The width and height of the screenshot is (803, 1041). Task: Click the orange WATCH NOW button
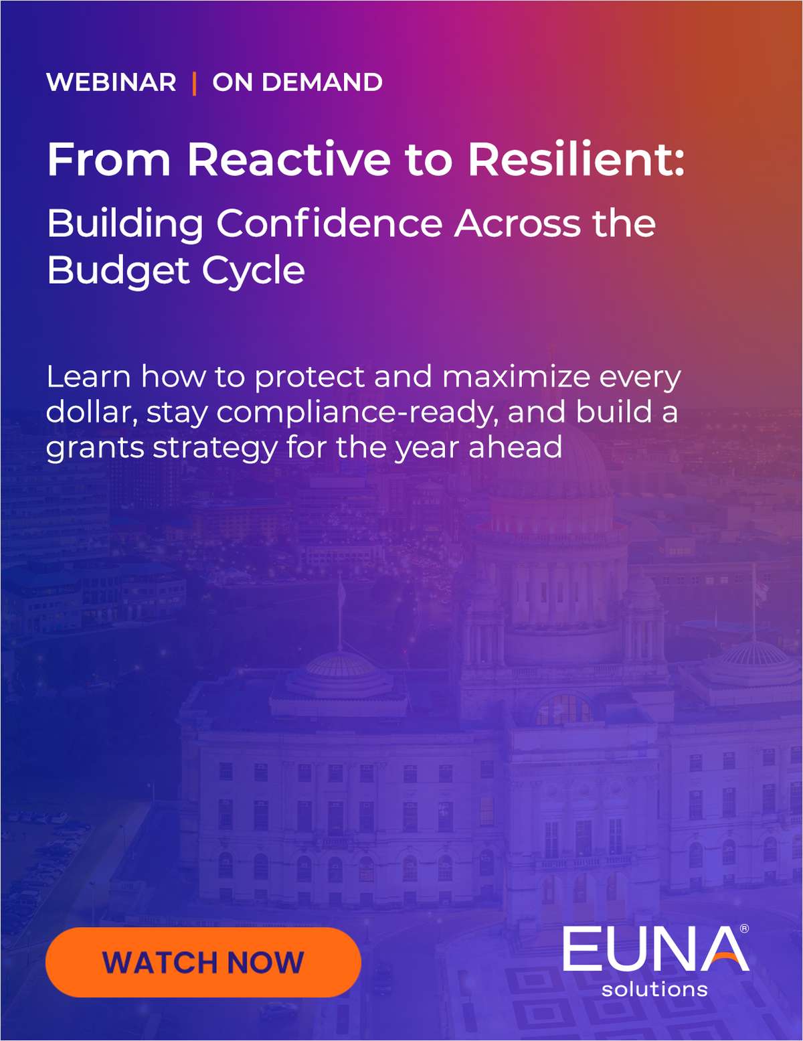(x=203, y=963)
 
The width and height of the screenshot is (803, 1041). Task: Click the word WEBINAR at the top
(x=112, y=82)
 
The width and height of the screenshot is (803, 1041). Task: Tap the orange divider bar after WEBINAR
(x=194, y=84)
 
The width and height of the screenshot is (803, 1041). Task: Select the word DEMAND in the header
(x=322, y=82)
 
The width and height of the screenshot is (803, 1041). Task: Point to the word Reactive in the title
(x=288, y=159)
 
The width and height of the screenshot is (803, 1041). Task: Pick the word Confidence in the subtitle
(x=329, y=224)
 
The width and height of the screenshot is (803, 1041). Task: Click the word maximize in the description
(x=516, y=377)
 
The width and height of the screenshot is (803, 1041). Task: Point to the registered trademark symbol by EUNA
(x=744, y=929)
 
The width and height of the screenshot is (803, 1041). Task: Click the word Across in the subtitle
(x=517, y=224)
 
